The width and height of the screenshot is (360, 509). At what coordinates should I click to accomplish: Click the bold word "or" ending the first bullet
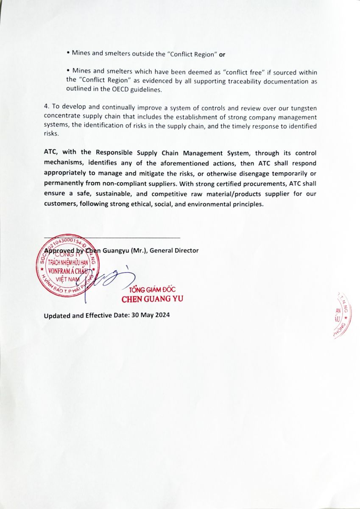coord(222,54)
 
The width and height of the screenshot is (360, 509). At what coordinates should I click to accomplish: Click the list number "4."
coord(46,107)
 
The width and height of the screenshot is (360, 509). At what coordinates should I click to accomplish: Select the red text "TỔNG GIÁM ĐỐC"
coord(149,290)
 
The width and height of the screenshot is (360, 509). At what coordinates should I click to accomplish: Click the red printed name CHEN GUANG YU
coord(152,299)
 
